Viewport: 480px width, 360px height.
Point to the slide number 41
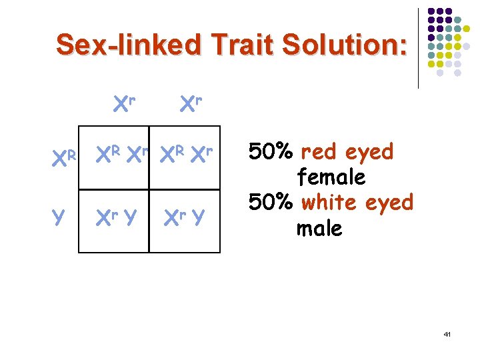click(x=447, y=333)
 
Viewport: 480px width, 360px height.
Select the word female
click(x=331, y=177)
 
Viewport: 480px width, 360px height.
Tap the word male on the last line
click(x=319, y=228)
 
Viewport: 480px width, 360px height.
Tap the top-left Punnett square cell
click(x=113, y=157)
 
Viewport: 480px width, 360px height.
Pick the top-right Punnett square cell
click(x=185, y=157)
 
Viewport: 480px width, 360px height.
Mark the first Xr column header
click(x=124, y=103)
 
